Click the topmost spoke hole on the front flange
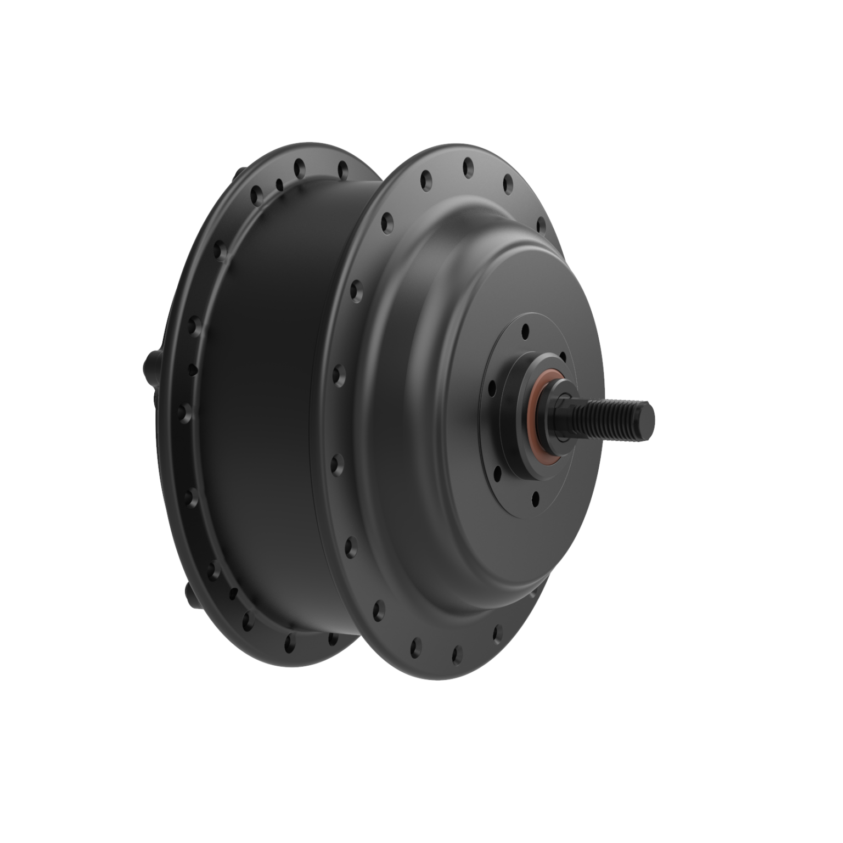tap(468, 164)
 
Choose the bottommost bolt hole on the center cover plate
tap(535, 498)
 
